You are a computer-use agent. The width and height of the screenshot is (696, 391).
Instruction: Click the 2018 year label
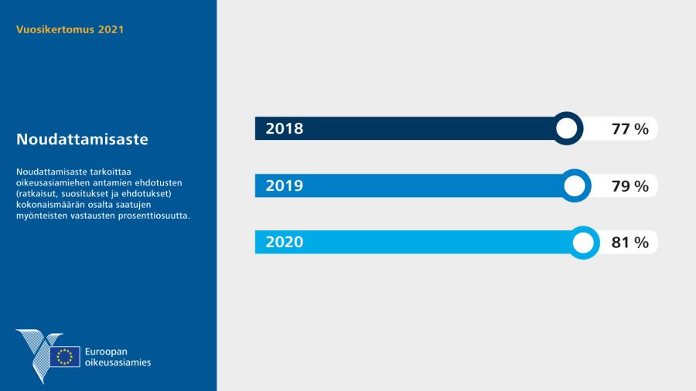click(285, 128)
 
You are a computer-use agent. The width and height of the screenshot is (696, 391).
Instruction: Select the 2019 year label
click(285, 185)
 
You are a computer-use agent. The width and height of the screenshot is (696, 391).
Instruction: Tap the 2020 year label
click(285, 242)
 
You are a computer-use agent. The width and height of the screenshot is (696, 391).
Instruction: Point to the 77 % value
click(629, 129)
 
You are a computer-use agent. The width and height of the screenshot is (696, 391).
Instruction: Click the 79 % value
click(629, 185)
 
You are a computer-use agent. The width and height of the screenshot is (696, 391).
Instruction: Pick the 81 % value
click(629, 243)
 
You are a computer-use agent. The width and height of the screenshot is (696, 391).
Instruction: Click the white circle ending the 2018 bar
click(566, 128)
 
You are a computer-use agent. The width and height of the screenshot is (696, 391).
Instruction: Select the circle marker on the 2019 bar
click(575, 185)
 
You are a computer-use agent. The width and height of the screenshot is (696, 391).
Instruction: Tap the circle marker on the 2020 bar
click(583, 243)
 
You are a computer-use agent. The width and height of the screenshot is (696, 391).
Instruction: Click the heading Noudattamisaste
click(82, 139)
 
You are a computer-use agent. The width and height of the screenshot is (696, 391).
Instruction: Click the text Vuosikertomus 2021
click(70, 29)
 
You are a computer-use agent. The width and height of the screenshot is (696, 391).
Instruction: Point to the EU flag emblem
click(65, 356)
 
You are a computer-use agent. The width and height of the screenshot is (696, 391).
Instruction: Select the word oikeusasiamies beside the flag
click(118, 362)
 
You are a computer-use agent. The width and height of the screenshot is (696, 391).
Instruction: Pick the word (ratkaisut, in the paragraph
click(38, 194)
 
